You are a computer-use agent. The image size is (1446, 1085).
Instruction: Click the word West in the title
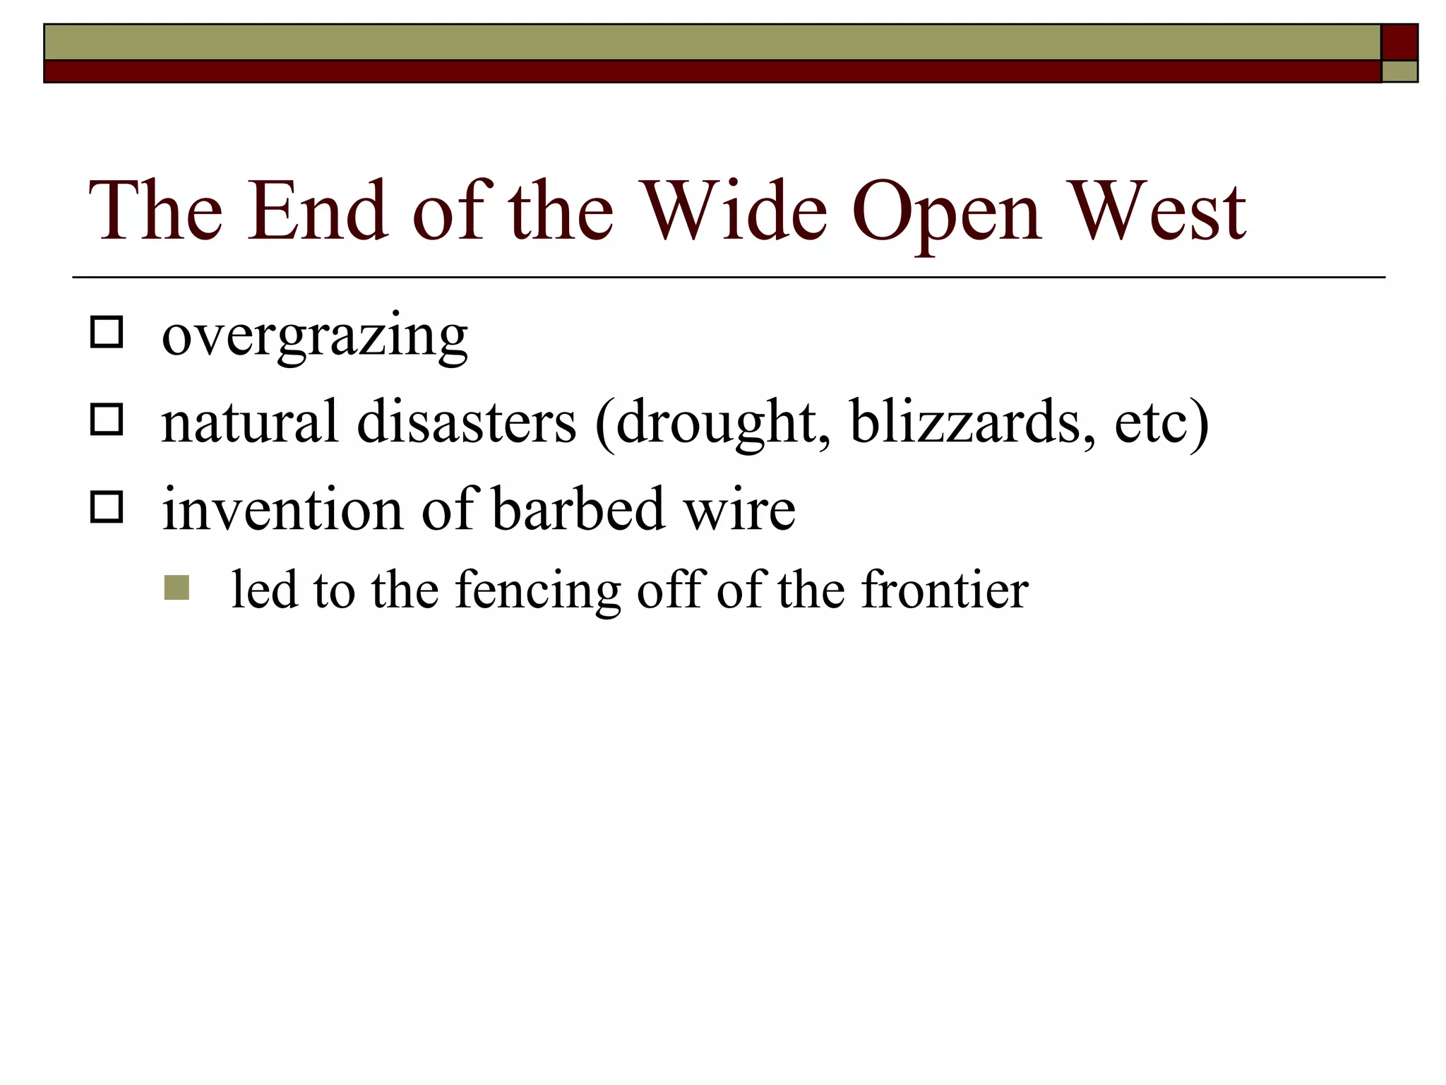pyautogui.click(x=1158, y=211)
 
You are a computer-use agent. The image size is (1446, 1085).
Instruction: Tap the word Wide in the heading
pyautogui.click(x=736, y=211)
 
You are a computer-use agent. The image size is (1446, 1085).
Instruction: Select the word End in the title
pyautogui.click(x=317, y=211)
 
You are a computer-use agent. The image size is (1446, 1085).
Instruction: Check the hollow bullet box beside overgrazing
pyautogui.click(x=107, y=332)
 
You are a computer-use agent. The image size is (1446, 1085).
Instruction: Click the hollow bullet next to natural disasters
pyautogui.click(x=107, y=420)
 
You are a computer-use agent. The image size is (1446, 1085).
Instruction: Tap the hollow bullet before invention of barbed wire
pyautogui.click(x=107, y=507)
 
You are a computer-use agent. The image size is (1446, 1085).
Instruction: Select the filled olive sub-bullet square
pyautogui.click(x=177, y=588)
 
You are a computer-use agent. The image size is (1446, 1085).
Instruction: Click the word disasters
pyautogui.click(x=467, y=422)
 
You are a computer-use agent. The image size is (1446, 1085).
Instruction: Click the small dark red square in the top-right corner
pyautogui.click(x=1399, y=42)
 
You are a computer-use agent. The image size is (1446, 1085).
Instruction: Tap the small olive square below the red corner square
pyautogui.click(x=1399, y=71)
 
